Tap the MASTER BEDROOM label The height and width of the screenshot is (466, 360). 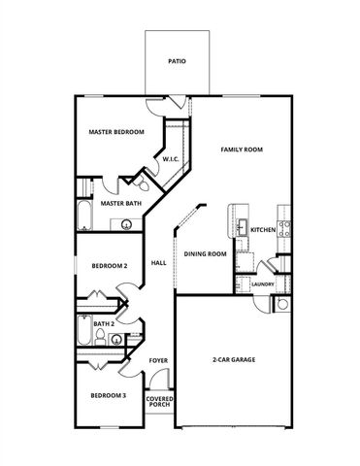(x=116, y=131)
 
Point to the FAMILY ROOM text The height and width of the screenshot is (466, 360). (x=242, y=150)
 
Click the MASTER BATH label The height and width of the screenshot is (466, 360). (x=121, y=204)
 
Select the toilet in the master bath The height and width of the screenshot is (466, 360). (x=142, y=182)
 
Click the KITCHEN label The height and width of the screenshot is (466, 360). (x=263, y=230)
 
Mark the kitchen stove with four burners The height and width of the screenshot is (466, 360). (x=285, y=229)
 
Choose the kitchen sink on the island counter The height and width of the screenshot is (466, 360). (x=239, y=229)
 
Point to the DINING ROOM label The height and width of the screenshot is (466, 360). (x=205, y=254)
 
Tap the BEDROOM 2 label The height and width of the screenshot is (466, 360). (x=110, y=266)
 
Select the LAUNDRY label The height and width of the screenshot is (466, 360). (x=261, y=284)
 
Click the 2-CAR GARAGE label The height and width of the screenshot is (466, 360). (x=233, y=360)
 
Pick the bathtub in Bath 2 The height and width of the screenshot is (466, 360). (x=85, y=337)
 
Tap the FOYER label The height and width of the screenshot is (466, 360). (x=158, y=360)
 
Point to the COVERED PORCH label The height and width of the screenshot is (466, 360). (x=159, y=402)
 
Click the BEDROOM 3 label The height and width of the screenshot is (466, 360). (x=108, y=395)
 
